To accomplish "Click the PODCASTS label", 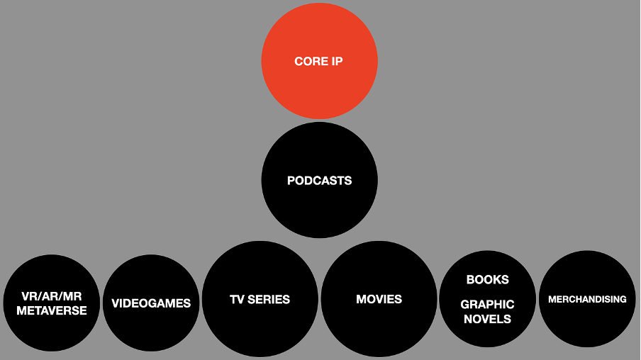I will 319,181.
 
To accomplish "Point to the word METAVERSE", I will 52,310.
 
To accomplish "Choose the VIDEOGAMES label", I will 151,303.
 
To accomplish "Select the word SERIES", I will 269,299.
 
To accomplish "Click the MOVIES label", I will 379,299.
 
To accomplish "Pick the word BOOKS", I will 487,279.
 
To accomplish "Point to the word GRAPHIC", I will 487,305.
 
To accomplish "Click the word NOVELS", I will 487,319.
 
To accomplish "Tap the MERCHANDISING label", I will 587,299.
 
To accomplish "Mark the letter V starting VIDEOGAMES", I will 116,303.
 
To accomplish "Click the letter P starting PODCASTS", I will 291,181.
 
